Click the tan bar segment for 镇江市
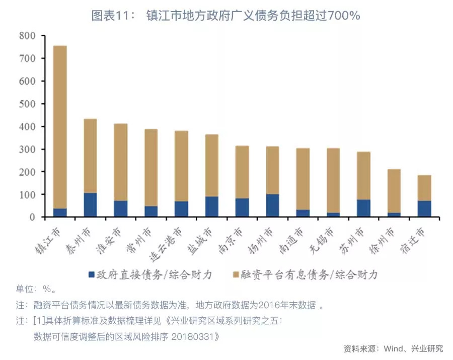[x=60, y=126]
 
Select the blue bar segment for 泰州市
[x=90, y=205]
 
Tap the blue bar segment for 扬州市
[x=272, y=205]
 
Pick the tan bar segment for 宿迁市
[x=424, y=188]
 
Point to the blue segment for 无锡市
[x=333, y=214]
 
